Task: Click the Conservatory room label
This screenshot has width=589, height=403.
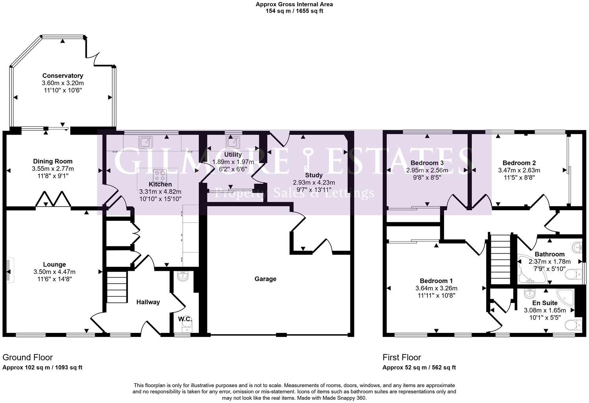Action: tap(63, 76)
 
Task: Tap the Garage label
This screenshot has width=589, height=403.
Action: tap(265, 279)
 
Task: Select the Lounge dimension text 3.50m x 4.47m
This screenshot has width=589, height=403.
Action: tap(54, 272)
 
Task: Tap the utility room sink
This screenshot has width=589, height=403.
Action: tap(231, 141)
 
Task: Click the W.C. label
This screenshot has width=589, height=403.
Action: tap(185, 319)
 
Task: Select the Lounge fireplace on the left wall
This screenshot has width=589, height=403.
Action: tap(9, 270)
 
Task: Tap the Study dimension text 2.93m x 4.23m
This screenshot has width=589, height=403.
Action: tap(314, 183)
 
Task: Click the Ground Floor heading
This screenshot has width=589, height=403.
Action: tap(28, 357)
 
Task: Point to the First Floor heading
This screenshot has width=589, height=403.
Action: tap(402, 357)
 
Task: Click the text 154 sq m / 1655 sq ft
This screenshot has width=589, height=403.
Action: tap(294, 11)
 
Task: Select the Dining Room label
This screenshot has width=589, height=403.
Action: tap(53, 161)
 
